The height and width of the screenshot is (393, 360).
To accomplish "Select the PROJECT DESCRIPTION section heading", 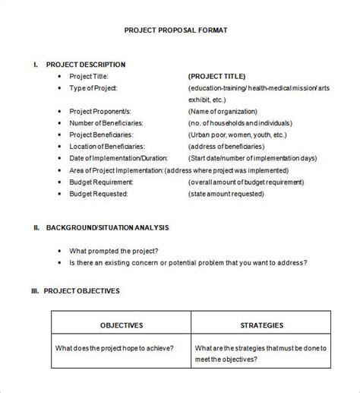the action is point(86,65).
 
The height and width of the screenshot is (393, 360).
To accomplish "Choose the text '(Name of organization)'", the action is point(225,111).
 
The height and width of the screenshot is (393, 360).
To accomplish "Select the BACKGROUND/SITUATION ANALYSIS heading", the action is point(107,227).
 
